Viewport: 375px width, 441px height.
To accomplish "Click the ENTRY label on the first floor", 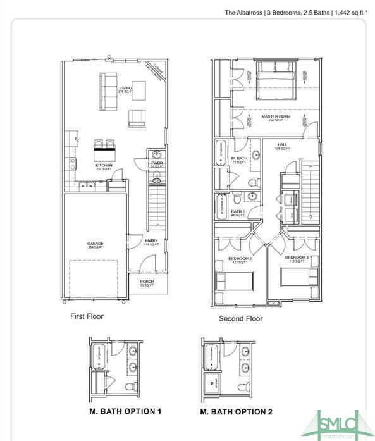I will [151, 241].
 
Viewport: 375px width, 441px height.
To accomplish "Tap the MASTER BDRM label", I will [276, 117].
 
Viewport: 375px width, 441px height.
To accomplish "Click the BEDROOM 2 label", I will [240, 259].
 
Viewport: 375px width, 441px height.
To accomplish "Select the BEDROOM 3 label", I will [296, 258].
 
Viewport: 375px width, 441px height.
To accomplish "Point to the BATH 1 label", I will [237, 213].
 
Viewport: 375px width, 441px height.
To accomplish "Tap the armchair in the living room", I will [136, 118].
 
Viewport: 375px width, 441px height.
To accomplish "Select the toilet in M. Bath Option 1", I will [131, 386].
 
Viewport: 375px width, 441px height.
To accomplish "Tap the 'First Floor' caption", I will [86, 316].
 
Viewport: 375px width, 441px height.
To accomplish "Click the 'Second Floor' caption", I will [240, 319].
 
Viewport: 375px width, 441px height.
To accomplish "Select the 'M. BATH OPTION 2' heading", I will [236, 412].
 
